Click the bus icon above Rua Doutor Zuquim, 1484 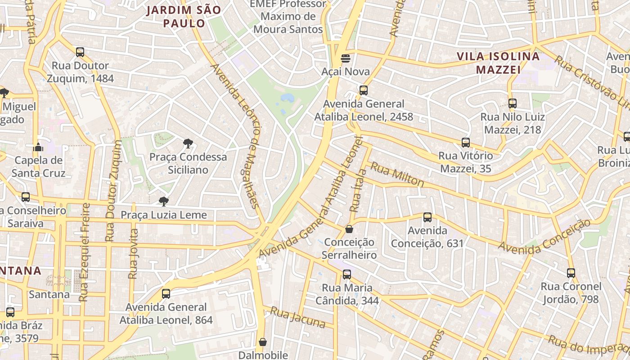click(80, 52)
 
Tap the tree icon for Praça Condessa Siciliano click(188, 144)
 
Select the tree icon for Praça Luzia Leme click(164, 201)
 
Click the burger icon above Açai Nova click(346, 58)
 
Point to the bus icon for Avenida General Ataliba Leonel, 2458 click(364, 90)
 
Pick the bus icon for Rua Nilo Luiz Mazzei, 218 click(513, 103)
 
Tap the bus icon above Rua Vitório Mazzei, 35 click(466, 143)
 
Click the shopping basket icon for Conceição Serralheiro click(349, 229)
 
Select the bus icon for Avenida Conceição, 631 click(427, 217)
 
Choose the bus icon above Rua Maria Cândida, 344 click(346, 274)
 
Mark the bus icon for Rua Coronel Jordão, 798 click(571, 273)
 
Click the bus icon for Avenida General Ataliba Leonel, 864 click(166, 294)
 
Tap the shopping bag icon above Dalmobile click(263, 342)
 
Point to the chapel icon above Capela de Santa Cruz click(39, 147)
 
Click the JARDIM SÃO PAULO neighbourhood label click(184, 17)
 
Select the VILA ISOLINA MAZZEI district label click(498, 63)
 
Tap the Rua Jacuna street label click(297, 317)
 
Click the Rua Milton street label click(397, 174)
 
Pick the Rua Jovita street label click(133, 254)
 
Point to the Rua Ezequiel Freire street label click(85, 252)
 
